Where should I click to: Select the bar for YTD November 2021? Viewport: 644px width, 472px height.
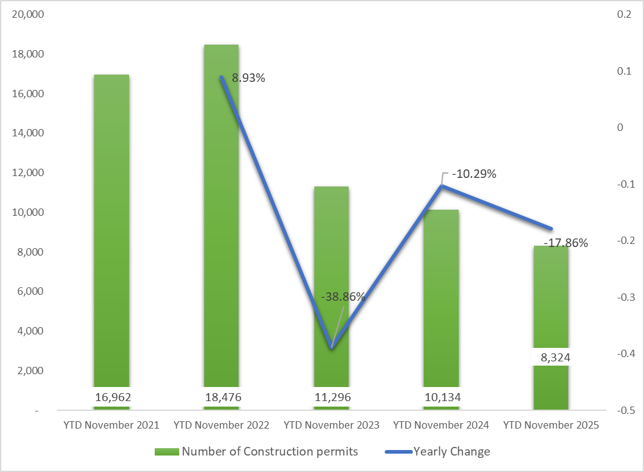[x=111, y=232]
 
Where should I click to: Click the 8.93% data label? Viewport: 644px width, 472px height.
[x=248, y=78]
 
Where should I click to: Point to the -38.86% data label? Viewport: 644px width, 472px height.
[x=342, y=297]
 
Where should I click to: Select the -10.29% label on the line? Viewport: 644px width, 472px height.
[x=473, y=174]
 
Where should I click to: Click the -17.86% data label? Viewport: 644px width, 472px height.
[x=565, y=243]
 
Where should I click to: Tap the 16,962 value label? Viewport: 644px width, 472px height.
[x=113, y=397]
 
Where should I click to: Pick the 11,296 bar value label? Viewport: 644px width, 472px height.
[x=331, y=397]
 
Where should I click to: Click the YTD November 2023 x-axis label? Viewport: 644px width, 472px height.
[x=331, y=425]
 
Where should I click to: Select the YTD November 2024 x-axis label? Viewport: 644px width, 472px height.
[x=441, y=425]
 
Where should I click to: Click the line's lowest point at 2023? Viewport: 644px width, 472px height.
[x=331, y=348]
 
